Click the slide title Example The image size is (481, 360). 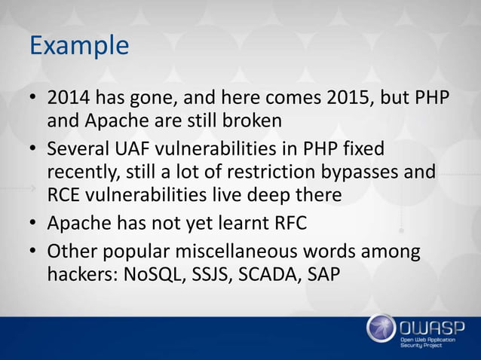[78, 47]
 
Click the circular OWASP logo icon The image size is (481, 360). [381, 328]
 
